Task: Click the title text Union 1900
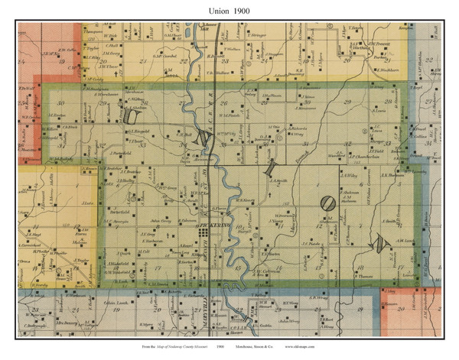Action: click(x=229, y=11)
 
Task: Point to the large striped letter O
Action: click(x=327, y=204)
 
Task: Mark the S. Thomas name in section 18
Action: click(x=365, y=276)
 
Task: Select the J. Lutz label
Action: click(x=87, y=203)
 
